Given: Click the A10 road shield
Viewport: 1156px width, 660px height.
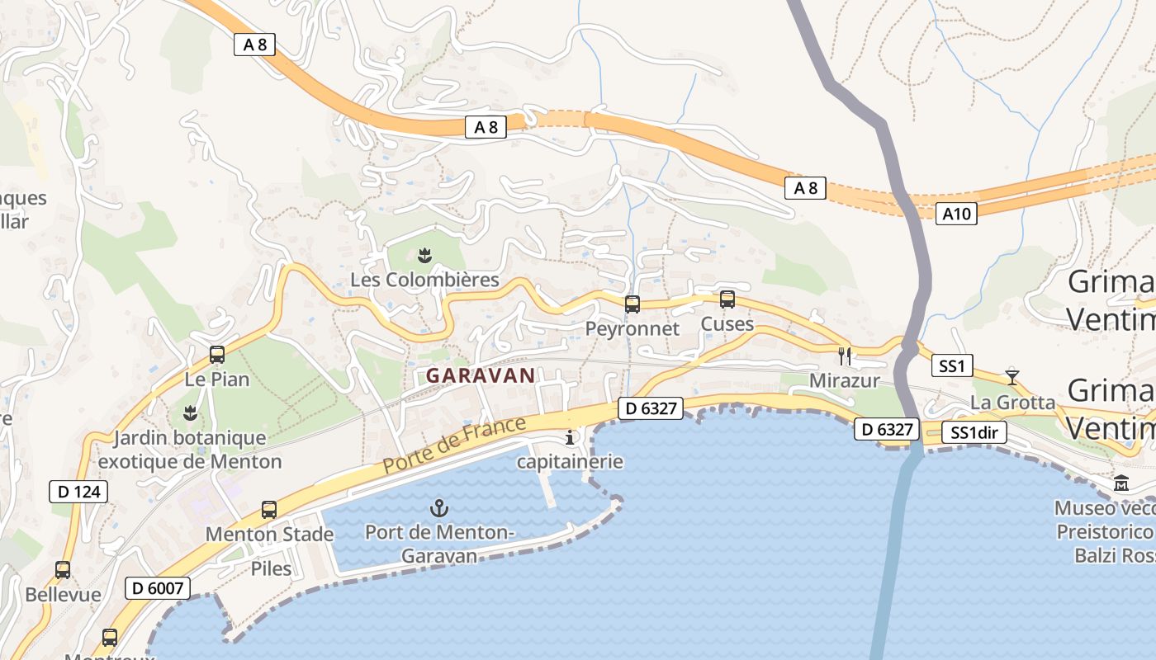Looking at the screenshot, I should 956,214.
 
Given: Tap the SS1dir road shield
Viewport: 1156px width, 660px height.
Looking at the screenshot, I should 975,433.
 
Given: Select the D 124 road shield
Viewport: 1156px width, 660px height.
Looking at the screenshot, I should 79,493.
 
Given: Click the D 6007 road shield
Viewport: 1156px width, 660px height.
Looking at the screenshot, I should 157,588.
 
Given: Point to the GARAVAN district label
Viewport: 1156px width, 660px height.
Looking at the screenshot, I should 481,375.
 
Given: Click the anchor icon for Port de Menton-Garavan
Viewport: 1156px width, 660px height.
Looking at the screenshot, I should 439,508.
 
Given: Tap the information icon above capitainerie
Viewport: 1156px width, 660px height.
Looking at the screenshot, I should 569,437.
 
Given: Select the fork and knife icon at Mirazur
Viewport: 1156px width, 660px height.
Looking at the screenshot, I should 845,356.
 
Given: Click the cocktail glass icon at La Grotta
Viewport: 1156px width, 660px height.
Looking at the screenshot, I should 1012,378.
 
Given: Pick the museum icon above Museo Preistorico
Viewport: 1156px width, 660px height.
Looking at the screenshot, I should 1121,483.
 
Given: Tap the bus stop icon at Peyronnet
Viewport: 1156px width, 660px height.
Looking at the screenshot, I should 632,304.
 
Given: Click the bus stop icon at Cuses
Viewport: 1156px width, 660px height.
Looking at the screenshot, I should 727,299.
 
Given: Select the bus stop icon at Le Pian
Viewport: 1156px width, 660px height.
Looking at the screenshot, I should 217,355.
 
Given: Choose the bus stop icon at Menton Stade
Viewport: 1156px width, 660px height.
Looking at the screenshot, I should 269,510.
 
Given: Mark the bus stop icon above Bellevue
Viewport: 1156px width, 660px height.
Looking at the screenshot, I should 63,569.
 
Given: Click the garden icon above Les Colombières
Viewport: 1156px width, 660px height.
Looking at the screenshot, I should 425,256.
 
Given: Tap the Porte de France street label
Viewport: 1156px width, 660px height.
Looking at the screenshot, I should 454,445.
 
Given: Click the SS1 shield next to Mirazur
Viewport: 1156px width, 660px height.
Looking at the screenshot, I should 952,365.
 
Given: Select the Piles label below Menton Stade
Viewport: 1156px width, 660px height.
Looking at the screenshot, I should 271,568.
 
